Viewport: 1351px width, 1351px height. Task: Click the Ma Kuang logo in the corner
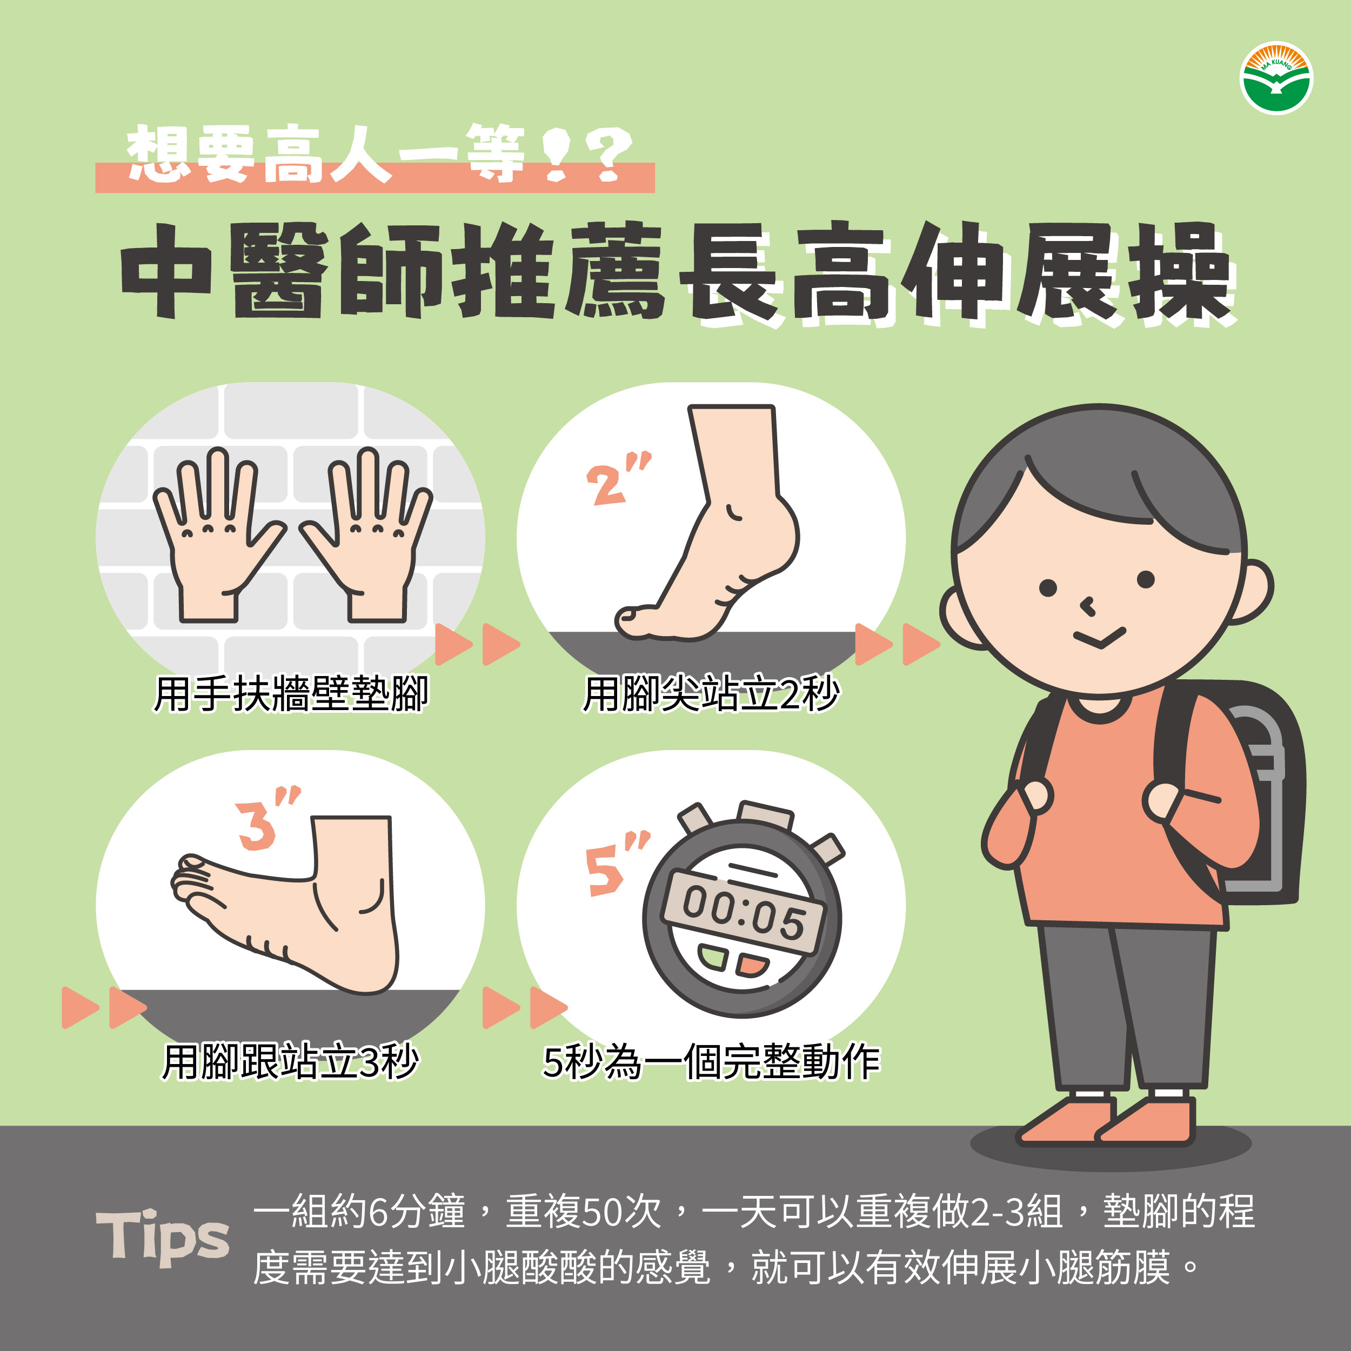point(1276,79)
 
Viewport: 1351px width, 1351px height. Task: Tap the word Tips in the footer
point(162,1238)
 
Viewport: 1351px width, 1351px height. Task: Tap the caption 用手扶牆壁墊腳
point(291,694)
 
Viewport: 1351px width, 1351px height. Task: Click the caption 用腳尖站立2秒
point(711,694)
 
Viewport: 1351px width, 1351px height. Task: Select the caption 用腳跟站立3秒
point(290,1061)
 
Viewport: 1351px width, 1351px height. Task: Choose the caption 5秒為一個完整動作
point(711,1061)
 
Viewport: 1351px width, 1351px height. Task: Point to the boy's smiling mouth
point(1100,638)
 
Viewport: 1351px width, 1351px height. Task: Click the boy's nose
point(1087,606)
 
